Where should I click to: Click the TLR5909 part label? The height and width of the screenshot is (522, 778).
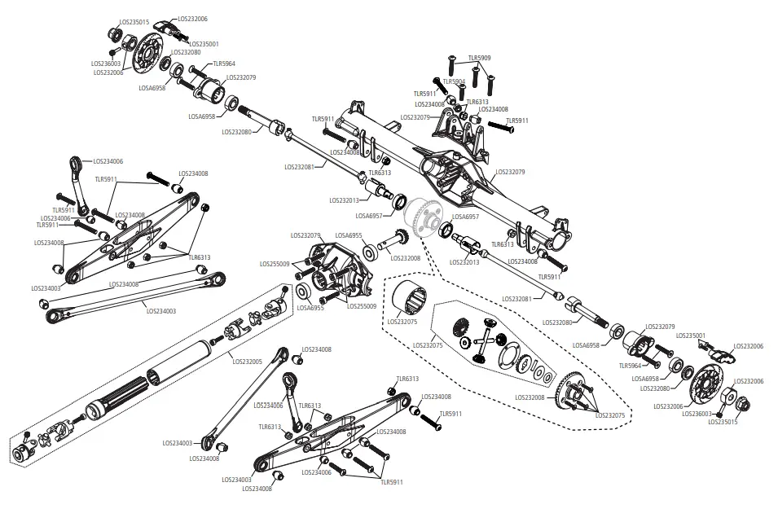point(479,58)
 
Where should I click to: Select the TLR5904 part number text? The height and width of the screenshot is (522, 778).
point(454,81)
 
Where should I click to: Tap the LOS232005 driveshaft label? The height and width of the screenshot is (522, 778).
point(247,361)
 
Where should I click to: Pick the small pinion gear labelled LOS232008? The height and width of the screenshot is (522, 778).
point(401,239)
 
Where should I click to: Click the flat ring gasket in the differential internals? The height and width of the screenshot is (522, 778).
point(512,358)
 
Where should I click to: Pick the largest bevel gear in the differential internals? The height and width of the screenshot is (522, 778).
point(459,332)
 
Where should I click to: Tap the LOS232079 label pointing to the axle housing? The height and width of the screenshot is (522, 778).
point(510,172)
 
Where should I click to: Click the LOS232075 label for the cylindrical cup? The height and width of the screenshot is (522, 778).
point(401,322)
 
